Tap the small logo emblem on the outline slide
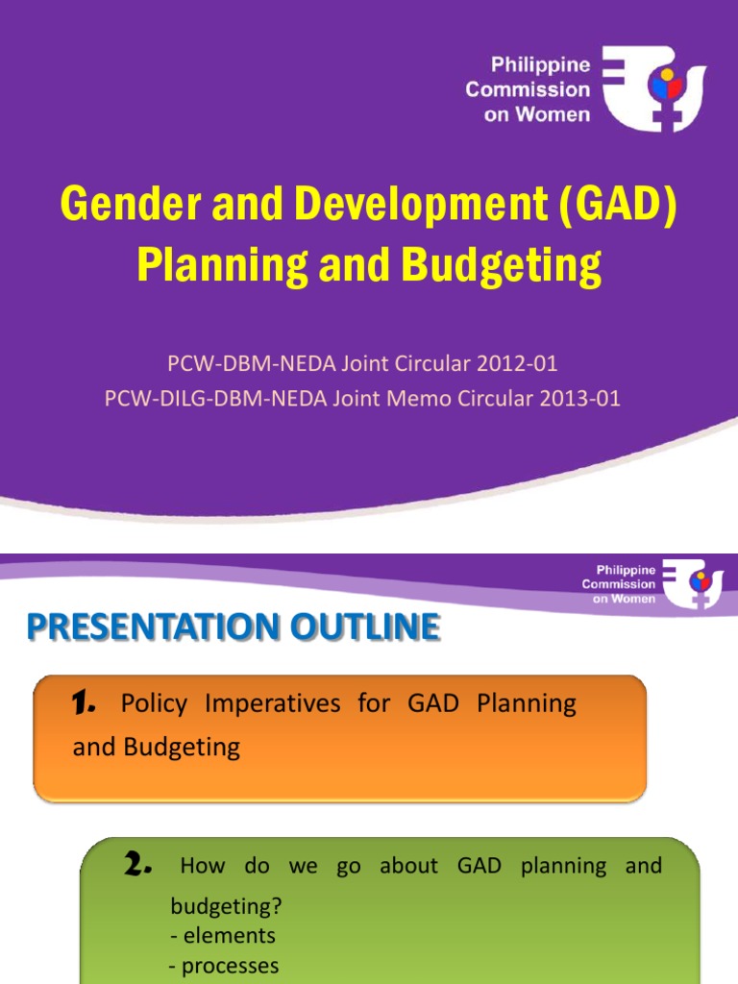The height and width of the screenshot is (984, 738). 692,583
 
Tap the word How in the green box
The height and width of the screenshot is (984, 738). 202,866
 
